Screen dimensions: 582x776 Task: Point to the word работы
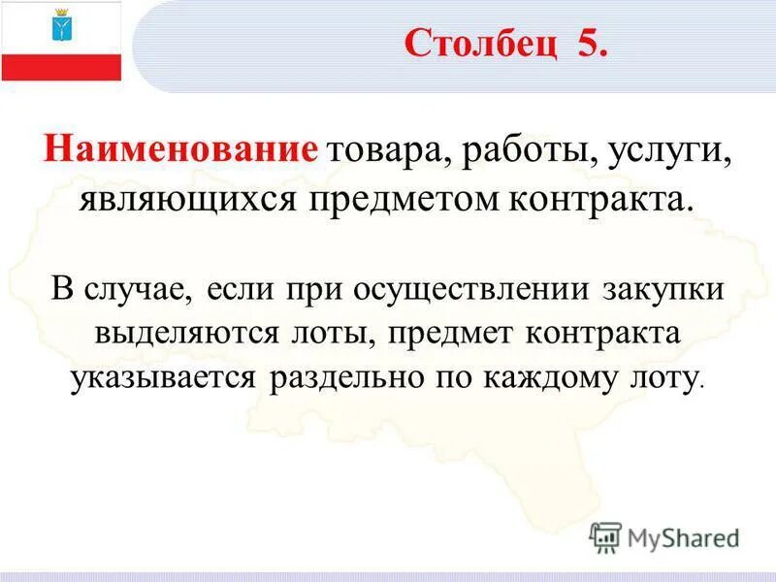(x=518, y=152)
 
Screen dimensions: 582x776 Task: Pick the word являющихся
(x=190, y=201)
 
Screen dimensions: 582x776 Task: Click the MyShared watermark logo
(x=665, y=535)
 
